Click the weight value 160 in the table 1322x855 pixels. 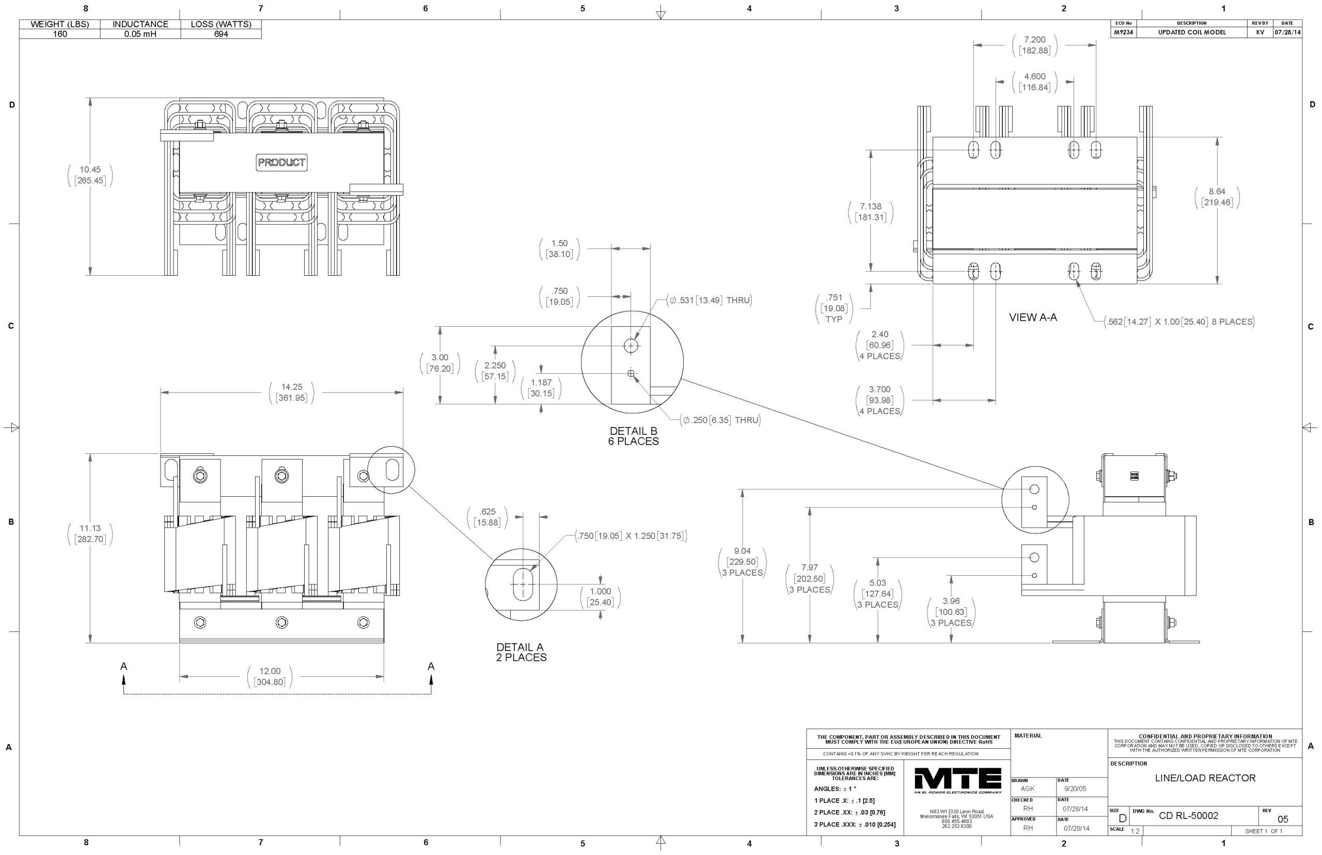pyautogui.click(x=59, y=34)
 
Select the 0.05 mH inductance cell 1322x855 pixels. pyautogui.click(x=140, y=34)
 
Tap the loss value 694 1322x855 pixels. pyautogui.click(x=221, y=34)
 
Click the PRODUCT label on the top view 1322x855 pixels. pyautogui.click(x=281, y=162)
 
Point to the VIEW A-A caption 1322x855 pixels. pyautogui.click(x=1033, y=318)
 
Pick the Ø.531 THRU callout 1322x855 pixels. pyautogui.click(x=711, y=300)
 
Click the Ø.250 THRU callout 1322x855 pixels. pyautogui.click(x=720, y=420)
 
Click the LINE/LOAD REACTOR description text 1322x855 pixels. pyautogui.click(x=1205, y=778)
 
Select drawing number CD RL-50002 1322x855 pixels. pyautogui.click(x=1188, y=816)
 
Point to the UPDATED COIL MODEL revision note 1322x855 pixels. pyautogui.click(x=1191, y=32)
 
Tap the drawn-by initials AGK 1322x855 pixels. pyautogui.click(x=1027, y=788)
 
